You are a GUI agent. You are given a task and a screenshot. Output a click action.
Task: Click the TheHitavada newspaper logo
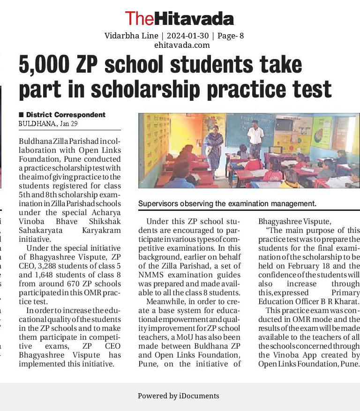179,19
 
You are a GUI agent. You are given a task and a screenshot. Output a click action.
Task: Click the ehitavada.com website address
182,45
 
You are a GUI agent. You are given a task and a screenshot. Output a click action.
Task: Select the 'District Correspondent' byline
66,115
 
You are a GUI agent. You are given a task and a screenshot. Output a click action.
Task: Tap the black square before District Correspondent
21,115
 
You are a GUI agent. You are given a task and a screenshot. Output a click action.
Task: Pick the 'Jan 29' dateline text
69,124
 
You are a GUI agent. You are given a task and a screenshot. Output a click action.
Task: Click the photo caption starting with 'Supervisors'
227,204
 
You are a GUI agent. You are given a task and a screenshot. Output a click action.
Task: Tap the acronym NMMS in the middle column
150,275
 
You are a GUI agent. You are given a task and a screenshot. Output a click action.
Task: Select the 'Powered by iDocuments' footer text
178,396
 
